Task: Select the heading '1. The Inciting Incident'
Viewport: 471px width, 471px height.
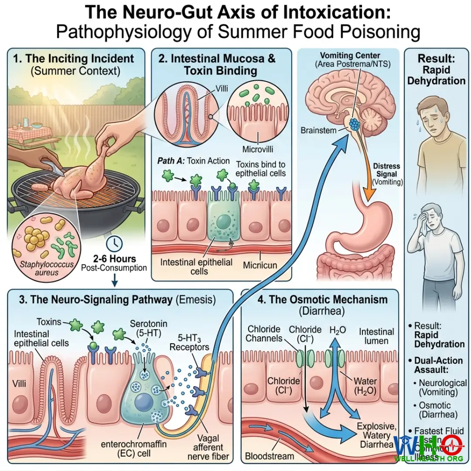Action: point(76,58)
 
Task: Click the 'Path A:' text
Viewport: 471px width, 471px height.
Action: point(171,161)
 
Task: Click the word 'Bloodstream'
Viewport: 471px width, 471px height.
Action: point(270,457)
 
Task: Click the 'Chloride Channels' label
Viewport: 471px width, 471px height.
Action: point(264,334)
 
